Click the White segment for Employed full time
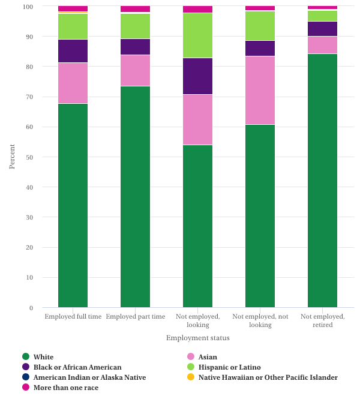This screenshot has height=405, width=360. coord(73,205)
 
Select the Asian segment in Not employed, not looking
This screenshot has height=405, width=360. coord(260,90)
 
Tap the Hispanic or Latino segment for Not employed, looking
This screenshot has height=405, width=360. coord(197,35)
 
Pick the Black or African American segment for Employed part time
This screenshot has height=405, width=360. coord(135,47)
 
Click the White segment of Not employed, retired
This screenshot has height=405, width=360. coord(322,181)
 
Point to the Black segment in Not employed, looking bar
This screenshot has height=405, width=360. coord(197,76)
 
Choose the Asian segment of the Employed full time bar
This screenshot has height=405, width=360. coord(73,83)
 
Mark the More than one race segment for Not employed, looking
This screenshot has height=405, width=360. coord(197,10)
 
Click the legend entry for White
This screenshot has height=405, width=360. coord(43,357)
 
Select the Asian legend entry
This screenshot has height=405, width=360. coord(208,357)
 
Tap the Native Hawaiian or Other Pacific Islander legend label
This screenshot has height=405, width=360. coord(268,377)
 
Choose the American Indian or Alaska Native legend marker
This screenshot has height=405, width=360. coord(26,377)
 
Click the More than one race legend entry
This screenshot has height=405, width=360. coord(66,388)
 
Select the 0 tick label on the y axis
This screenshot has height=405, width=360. coord(31,308)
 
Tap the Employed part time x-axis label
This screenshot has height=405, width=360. coord(135,316)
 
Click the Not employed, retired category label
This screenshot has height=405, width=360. coord(322,320)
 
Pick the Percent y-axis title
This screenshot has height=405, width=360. coord(12,156)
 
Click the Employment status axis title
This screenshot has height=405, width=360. coord(197,338)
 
